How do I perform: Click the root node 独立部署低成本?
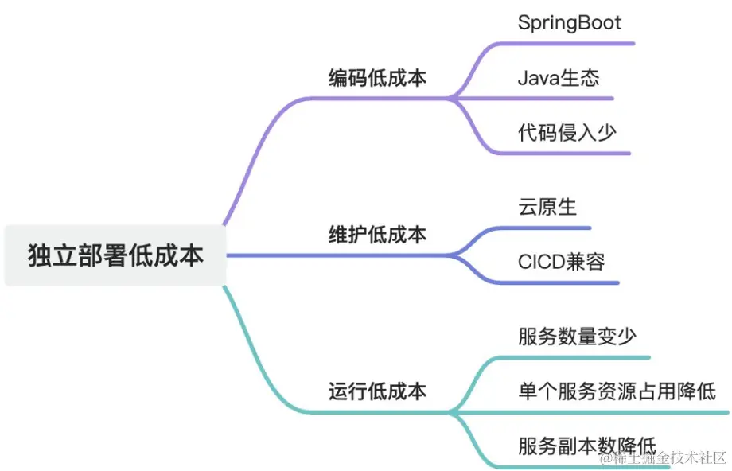point(115,255)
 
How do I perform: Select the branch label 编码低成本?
point(377,78)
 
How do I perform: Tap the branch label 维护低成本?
point(377,235)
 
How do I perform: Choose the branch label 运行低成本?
point(377,391)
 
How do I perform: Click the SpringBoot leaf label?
point(568,22)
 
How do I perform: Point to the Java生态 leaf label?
point(558,78)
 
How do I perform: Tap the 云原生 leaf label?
point(547,207)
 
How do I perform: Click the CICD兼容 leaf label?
point(561,261)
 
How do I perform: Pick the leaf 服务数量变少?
point(577,337)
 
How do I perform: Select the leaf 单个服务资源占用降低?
point(617,391)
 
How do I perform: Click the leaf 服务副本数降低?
point(586,446)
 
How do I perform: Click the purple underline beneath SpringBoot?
point(573,43)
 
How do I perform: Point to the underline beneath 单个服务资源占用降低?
point(621,412)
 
